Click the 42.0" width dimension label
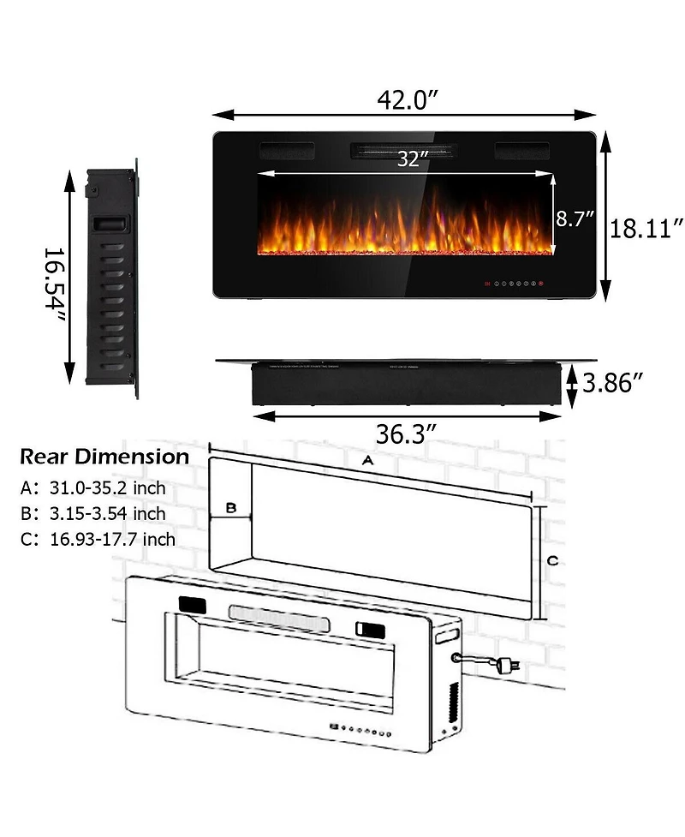pyautogui.click(x=408, y=100)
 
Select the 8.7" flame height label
pyautogui.click(x=575, y=218)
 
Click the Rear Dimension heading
pyautogui.click(x=104, y=457)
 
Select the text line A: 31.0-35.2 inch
pyautogui.click(x=93, y=488)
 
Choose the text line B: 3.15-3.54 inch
pyautogui.click(x=93, y=514)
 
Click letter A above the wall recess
pyautogui.click(x=367, y=461)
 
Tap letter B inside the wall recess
pyautogui.click(x=229, y=508)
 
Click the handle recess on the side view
pyautogui.click(x=110, y=224)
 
